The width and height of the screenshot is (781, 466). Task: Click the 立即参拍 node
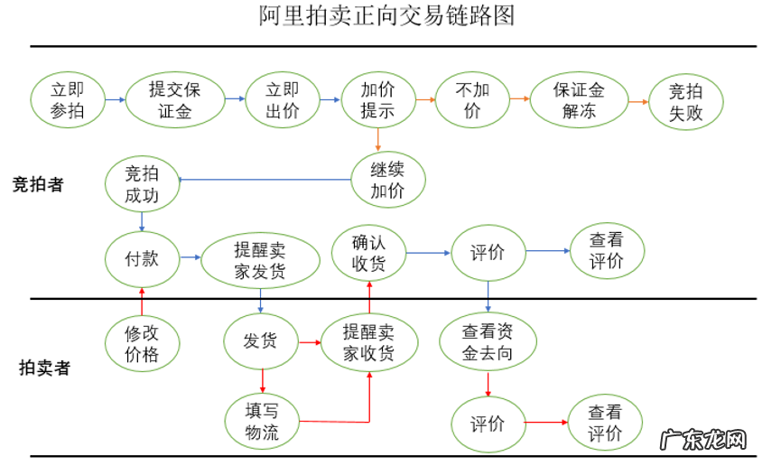click(67, 100)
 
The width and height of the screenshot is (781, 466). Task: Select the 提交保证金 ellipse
click(175, 100)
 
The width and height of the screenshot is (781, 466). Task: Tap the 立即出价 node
click(283, 100)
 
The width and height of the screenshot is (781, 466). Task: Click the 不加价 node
click(472, 100)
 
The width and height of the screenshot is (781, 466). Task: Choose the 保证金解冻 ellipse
click(579, 100)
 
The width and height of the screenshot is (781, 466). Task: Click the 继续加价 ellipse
click(387, 179)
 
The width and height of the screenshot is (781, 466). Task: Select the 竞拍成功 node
click(141, 183)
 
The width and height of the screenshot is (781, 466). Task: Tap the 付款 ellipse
click(142, 258)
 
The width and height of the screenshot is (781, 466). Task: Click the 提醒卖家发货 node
click(260, 260)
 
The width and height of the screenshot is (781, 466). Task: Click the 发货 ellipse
click(260, 341)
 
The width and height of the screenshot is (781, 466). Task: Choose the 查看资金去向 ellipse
click(488, 342)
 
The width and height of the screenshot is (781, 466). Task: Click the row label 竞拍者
click(38, 184)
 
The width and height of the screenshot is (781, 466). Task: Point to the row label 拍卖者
click(45, 368)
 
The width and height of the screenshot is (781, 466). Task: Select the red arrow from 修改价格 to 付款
click(142, 300)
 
